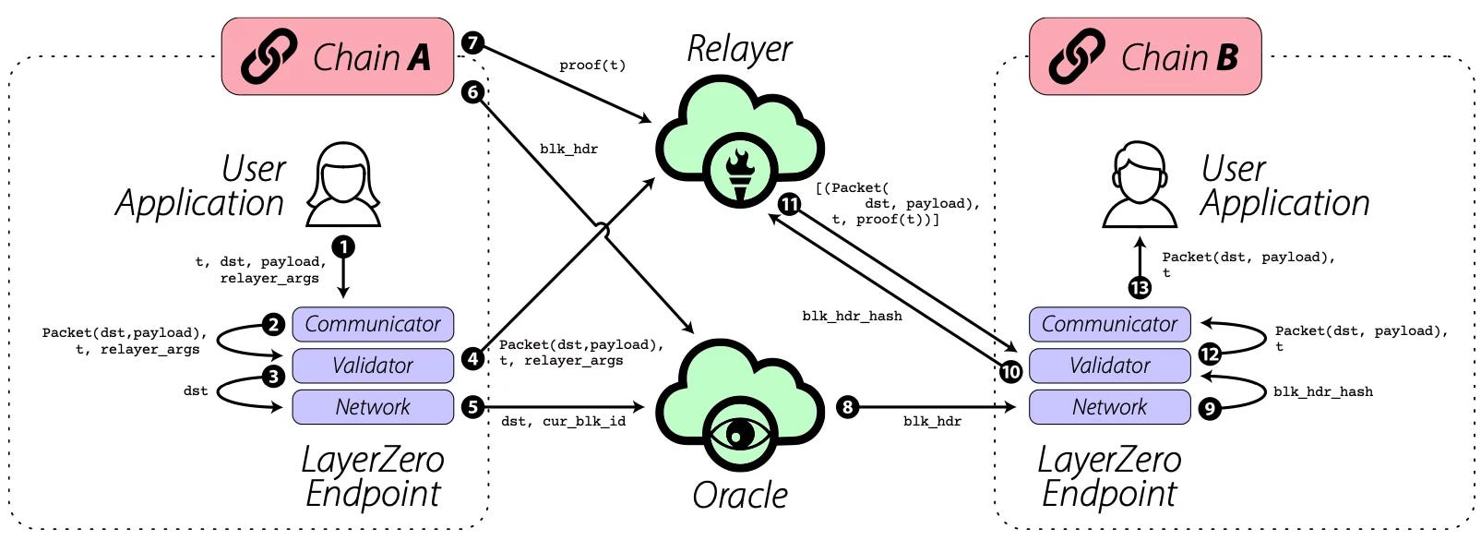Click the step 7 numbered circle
click(472, 43)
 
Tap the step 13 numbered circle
click(1140, 288)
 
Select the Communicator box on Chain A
click(373, 324)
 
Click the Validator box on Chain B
click(1109, 366)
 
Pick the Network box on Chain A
click(373, 407)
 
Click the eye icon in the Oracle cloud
click(740, 434)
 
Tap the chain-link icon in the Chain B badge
click(1077, 57)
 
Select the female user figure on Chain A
click(343, 185)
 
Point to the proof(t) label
click(592, 66)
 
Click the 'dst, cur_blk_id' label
click(563, 422)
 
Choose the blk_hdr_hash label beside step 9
click(1323, 391)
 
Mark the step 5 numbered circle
click(472, 406)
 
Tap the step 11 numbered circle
click(789, 204)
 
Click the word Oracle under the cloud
click(740, 496)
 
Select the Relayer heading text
click(739, 50)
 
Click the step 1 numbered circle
click(343, 246)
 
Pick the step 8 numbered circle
click(847, 406)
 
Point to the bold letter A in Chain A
click(419, 57)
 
